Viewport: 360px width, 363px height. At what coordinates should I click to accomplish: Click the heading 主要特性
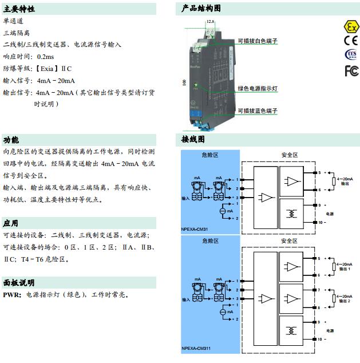[19, 9]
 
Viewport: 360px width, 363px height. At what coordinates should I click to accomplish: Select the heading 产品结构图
[201, 9]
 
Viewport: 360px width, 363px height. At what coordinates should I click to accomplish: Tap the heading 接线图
[193, 140]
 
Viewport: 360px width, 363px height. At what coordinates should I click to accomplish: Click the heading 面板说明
[19, 283]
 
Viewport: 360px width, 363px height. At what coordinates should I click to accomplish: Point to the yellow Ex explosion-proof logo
[350, 26]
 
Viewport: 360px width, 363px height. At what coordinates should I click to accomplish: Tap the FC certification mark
[351, 70]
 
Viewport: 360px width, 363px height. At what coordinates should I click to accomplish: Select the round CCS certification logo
[350, 54]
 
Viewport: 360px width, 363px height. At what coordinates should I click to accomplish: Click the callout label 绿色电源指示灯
[258, 89]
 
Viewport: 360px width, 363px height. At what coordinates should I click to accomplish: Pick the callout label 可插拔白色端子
[258, 41]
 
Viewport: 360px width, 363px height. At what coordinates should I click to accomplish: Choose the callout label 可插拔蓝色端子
[258, 111]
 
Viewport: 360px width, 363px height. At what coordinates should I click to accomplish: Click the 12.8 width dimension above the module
[210, 21]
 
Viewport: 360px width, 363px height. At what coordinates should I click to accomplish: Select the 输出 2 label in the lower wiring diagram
[345, 301]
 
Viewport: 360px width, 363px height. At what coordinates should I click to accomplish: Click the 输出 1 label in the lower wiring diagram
[345, 269]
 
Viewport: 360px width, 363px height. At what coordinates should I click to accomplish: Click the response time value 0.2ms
[45, 57]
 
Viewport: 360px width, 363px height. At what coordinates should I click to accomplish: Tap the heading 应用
[11, 223]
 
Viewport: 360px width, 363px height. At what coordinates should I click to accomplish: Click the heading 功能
[11, 140]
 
